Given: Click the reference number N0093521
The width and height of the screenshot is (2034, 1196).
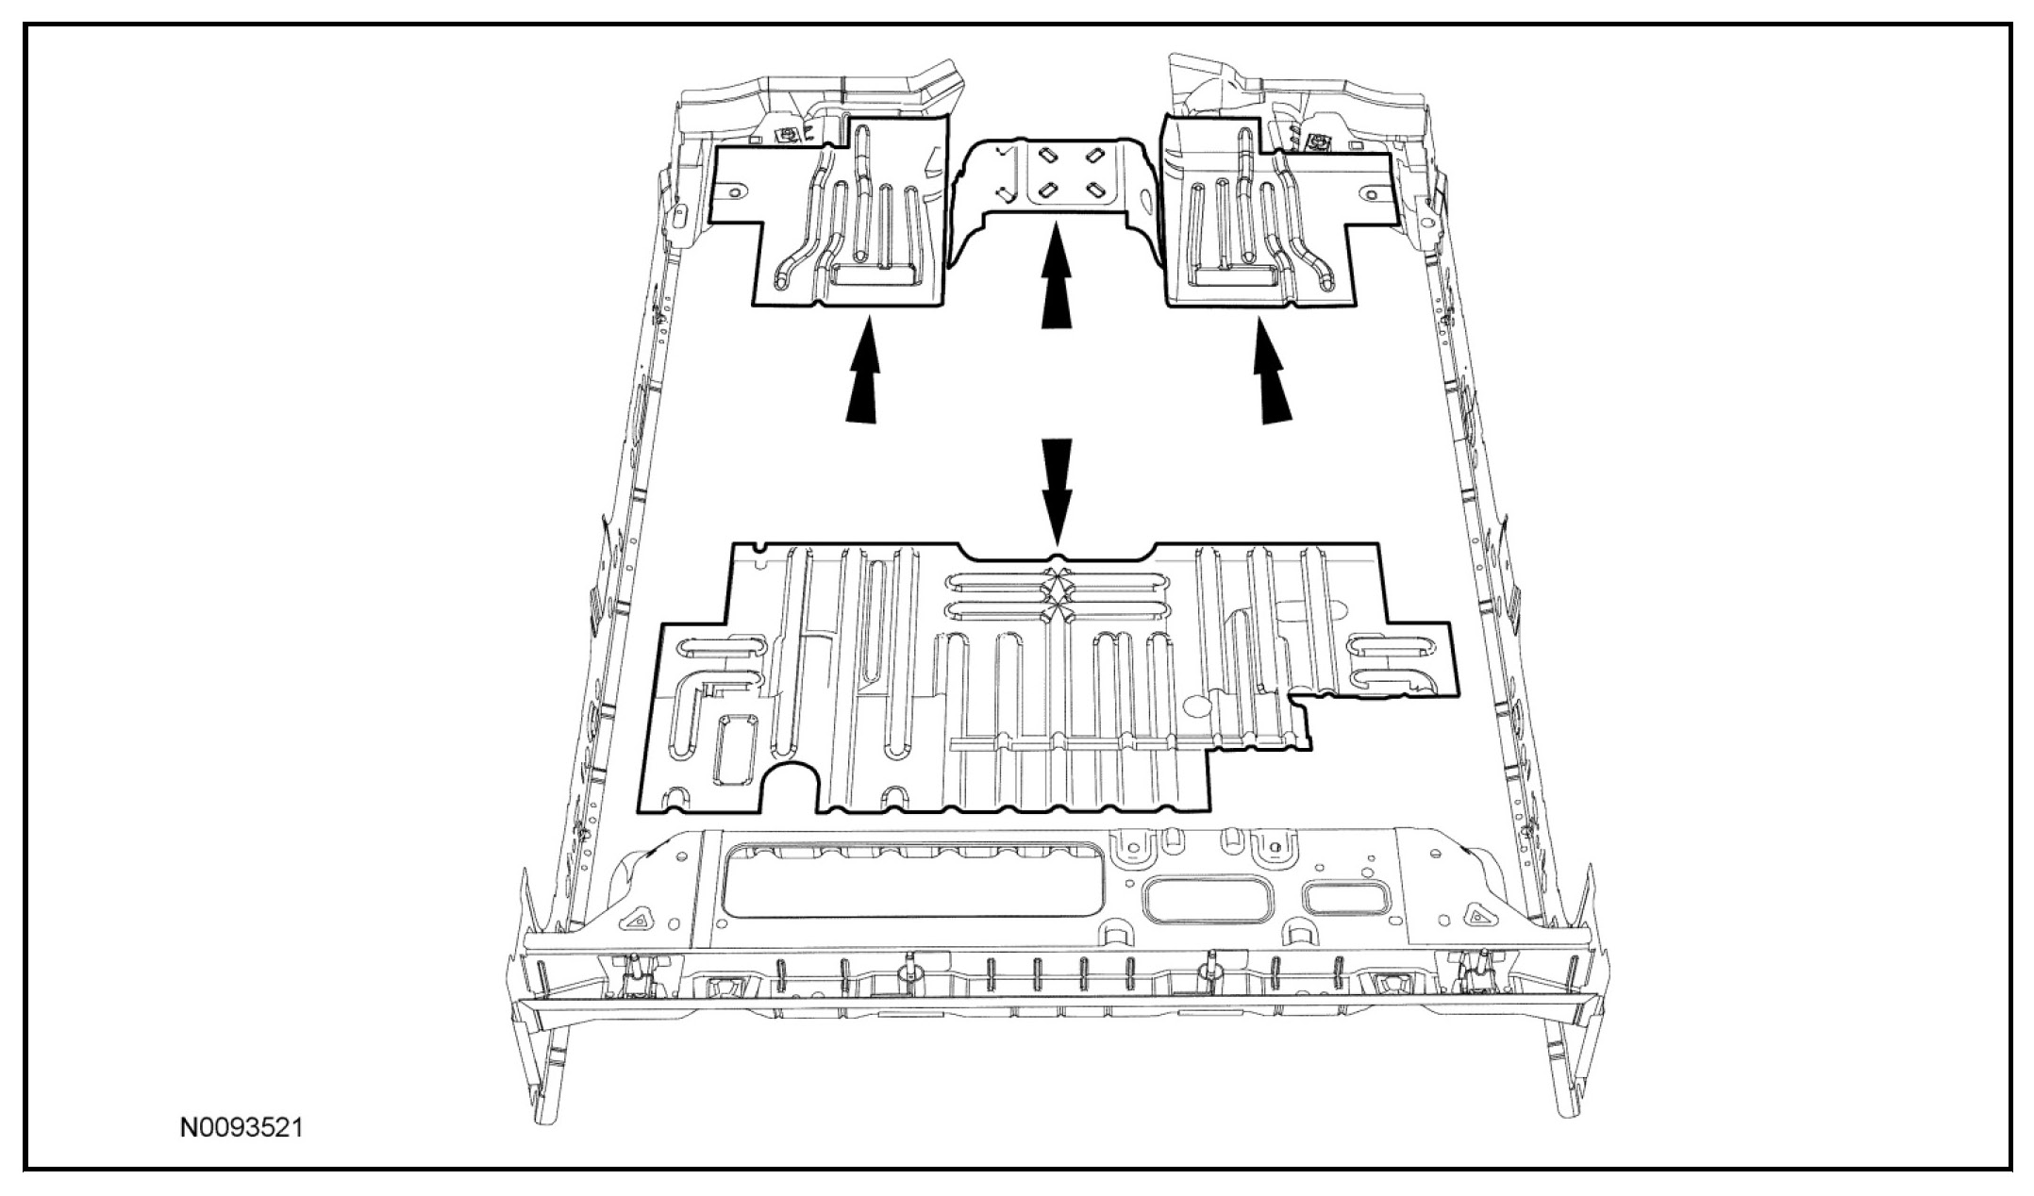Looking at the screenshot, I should point(242,1127).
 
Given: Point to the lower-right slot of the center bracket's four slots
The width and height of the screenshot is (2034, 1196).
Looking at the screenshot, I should point(1097,191).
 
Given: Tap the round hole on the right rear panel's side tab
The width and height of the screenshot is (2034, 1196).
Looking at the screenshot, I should point(1368,192).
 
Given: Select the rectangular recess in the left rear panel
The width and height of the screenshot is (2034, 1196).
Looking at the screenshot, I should point(874,274).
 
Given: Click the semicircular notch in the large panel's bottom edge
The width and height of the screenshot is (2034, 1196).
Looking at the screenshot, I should point(792,789).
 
